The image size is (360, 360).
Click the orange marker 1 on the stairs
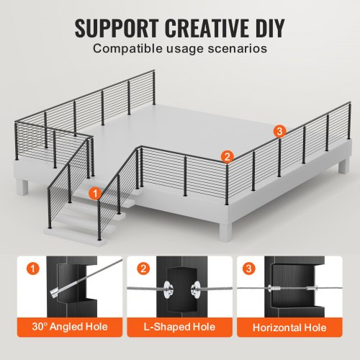(x=94, y=192)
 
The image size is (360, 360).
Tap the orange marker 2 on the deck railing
(x=227, y=156)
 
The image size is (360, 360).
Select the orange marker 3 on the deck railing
(x=279, y=130)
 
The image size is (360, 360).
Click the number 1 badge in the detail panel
(x=33, y=269)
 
